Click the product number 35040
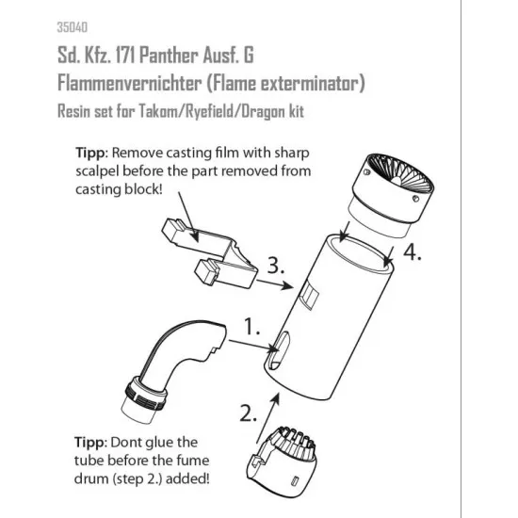coord(72,27)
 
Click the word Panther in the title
coord(169,55)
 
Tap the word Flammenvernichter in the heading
coord(129,83)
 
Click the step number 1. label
coord(252,327)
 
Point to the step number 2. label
coord(248,413)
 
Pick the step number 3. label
coord(276,265)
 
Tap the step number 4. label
coord(413,252)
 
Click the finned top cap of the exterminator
coord(392,195)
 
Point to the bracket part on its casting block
coord(210,252)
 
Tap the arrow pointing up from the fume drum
coord(267,417)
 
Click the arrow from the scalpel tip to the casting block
coord(188,217)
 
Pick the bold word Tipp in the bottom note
coord(89,443)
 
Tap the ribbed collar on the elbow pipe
coord(145,393)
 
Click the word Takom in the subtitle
coord(157,111)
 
